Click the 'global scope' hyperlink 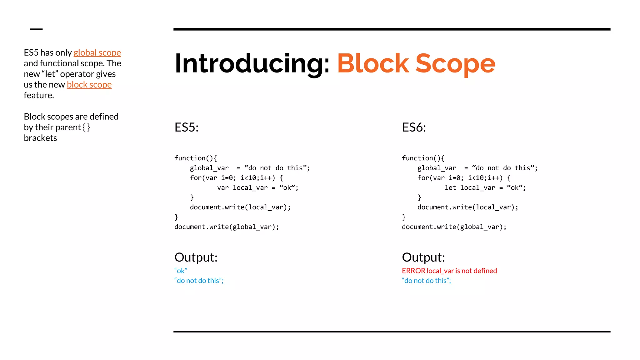click(x=97, y=52)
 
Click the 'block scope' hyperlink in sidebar click(x=89, y=85)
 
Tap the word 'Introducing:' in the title click(x=252, y=63)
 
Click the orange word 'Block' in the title click(x=373, y=63)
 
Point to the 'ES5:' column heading click(x=186, y=127)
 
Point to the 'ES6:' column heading click(x=414, y=127)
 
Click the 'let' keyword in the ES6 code click(x=450, y=188)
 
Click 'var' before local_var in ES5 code click(x=223, y=188)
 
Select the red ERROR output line click(x=449, y=271)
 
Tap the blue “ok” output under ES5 click(x=181, y=271)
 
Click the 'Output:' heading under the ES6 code click(x=423, y=257)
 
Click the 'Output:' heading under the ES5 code click(x=196, y=257)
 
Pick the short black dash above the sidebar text click(x=36, y=29)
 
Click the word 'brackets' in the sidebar click(x=40, y=138)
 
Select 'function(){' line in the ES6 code click(x=423, y=158)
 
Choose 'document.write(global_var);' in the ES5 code click(x=227, y=227)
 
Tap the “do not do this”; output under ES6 click(x=426, y=281)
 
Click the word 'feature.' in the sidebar click(x=39, y=95)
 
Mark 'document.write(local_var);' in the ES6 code click(x=467, y=207)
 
